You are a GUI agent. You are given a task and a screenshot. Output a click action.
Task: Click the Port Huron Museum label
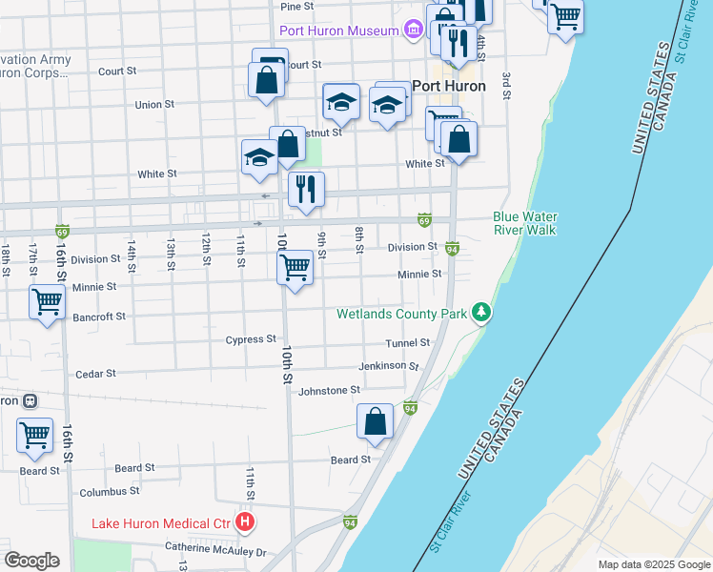pos(337,31)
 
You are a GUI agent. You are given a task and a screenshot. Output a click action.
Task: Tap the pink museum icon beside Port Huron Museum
pos(412,31)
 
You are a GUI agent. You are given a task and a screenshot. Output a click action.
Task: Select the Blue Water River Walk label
pos(524,223)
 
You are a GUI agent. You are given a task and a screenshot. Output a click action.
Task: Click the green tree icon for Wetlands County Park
pos(483,313)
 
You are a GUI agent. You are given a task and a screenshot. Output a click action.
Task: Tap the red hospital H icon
pos(245,522)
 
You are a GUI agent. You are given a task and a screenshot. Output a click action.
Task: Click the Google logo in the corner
pos(31,561)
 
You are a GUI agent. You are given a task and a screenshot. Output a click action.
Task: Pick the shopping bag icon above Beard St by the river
pos(376,420)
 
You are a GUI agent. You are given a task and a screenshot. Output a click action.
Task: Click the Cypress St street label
pos(251,339)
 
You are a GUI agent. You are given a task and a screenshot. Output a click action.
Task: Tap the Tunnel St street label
pos(408,343)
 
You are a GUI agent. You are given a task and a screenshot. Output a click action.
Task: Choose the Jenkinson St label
pos(388,366)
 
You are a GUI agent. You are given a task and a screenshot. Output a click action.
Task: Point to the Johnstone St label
pos(329,390)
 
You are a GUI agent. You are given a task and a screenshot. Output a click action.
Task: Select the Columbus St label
pos(110,492)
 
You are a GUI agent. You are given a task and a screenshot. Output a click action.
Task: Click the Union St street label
pos(154,105)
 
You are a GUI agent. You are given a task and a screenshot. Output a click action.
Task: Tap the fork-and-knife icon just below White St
pos(306,189)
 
